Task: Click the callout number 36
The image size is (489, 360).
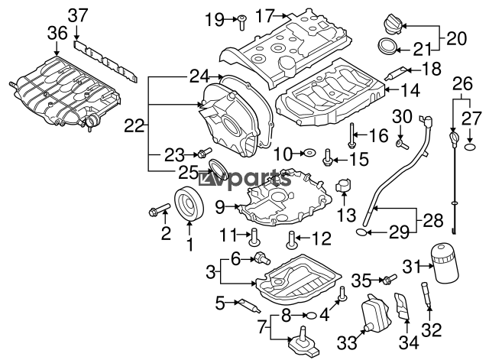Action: [57, 33]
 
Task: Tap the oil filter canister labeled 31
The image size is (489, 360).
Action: [445, 264]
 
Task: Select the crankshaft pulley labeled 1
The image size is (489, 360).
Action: [189, 203]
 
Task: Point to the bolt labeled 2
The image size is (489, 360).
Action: [159, 209]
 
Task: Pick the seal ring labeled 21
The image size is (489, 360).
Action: [387, 47]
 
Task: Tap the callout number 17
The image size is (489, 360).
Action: [265, 15]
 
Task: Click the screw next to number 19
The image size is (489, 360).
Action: [241, 22]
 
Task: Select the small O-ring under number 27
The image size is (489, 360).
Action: [471, 147]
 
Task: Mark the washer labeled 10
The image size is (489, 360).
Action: [309, 153]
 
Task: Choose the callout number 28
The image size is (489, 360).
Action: [432, 221]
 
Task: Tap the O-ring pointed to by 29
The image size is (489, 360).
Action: [361, 232]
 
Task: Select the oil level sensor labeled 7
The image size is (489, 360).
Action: [303, 342]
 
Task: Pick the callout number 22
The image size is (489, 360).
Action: [134, 126]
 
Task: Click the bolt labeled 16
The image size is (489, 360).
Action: [351, 135]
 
